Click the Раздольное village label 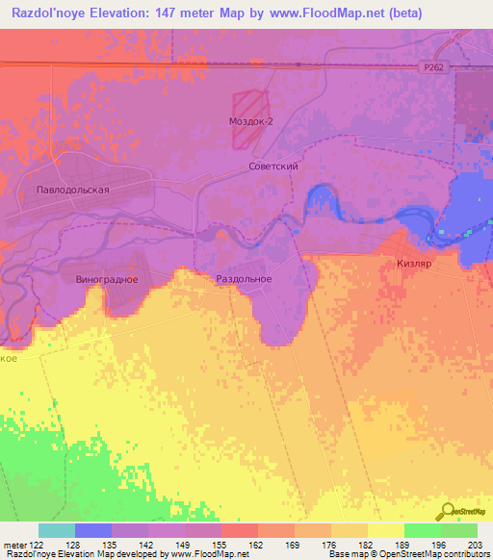click(x=243, y=279)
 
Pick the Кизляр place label click(x=416, y=263)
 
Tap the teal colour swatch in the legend click(x=56, y=530)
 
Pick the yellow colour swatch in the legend click(x=385, y=530)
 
